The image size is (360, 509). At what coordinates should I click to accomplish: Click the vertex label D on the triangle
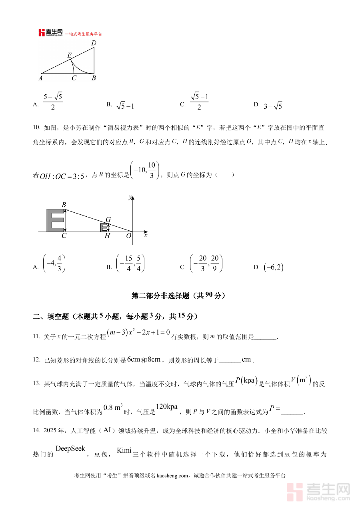tap(94, 43)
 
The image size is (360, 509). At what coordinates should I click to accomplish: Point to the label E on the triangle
tap(70, 55)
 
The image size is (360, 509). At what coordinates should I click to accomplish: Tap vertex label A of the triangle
tap(40, 78)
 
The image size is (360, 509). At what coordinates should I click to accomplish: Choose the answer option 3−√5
tap(273, 106)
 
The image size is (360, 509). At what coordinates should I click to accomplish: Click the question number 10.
tap(36, 128)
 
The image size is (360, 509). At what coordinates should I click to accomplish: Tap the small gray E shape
tap(104, 228)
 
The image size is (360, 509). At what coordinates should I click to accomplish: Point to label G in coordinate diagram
tap(108, 220)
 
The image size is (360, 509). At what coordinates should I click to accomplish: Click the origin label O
tap(128, 236)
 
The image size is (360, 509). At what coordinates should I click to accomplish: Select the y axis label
tap(130, 197)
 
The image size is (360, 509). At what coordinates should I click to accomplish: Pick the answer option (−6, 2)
tap(274, 267)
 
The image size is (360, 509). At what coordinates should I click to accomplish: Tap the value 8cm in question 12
tap(154, 359)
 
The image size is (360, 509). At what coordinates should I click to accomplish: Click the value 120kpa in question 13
tap(166, 407)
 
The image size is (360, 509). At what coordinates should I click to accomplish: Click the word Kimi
tap(124, 451)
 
